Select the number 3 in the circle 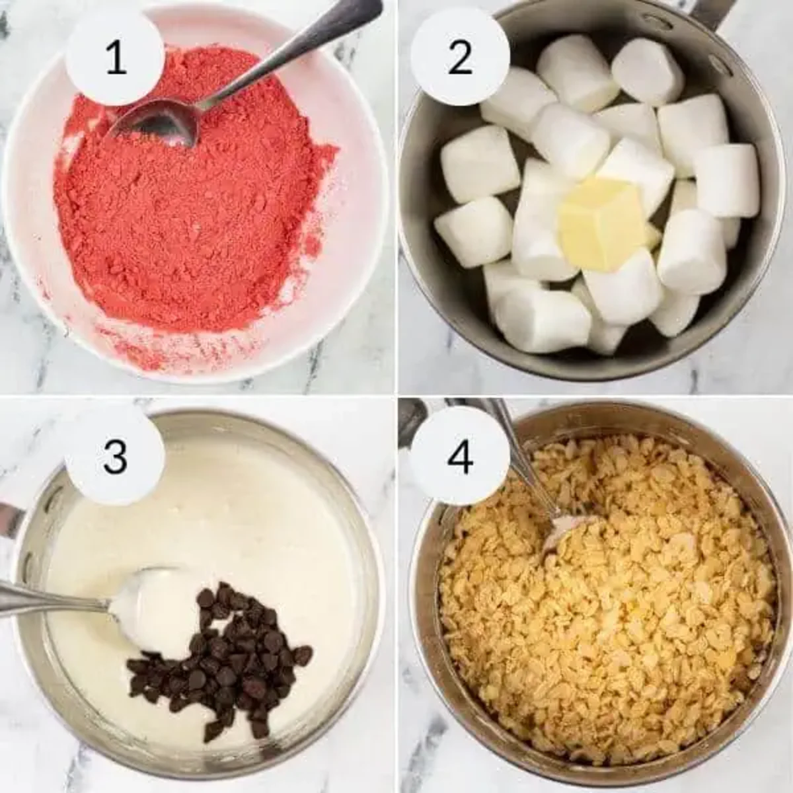115,457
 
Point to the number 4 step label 460,457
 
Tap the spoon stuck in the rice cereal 529,476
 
